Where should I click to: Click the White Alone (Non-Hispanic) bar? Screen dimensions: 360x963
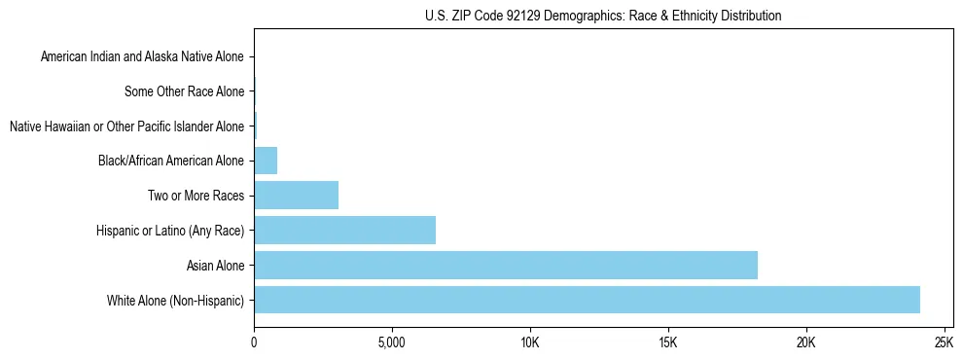(x=587, y=300)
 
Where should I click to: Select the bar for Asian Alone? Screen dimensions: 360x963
(x=506, y=265)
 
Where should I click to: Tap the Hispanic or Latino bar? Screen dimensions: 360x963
(x=344, y=230)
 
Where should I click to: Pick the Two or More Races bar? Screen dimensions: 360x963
(x=296, y=196)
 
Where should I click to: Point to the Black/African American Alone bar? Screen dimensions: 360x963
(x=266, y=161)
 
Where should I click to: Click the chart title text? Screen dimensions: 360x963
(x=603, y=16)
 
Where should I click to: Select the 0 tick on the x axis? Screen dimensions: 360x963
(x=254, y=342)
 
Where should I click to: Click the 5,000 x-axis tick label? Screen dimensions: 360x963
(x=391, y=342)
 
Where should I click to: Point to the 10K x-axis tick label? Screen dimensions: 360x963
(x=529, y=342)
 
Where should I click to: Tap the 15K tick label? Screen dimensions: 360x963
(x=667, y=342)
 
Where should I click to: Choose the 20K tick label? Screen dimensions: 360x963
(x=805, y=342)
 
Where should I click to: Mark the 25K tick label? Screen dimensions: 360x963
(x=943, y=342)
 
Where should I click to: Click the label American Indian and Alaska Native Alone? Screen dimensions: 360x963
(x=143, y=57)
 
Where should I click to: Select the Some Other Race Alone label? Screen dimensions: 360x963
(x=185, y=92)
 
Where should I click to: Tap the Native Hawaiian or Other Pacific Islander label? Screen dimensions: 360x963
(x=126, y=126)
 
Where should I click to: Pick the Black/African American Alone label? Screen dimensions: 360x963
(x=171, y=162)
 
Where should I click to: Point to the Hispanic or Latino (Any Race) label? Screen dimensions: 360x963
(x=170, y=231)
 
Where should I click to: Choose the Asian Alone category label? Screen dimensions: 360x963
(x=216, y=265)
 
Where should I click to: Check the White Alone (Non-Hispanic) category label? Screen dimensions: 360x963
(x=176, y=300)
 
